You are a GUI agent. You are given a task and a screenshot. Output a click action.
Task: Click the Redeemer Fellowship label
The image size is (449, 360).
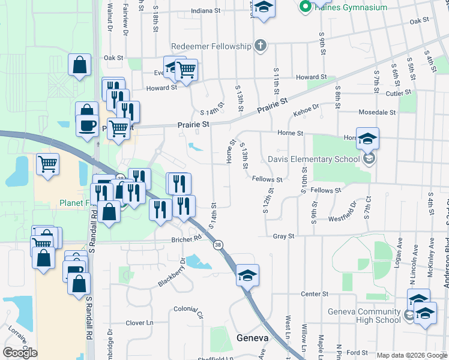click(x=210, y=46)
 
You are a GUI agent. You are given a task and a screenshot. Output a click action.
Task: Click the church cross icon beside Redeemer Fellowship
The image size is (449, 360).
click(x=259, y=46)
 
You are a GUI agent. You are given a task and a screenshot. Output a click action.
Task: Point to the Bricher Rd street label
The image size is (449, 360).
click(x=189, y=238)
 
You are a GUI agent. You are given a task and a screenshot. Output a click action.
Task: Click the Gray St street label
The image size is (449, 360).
click(x=283, y=236)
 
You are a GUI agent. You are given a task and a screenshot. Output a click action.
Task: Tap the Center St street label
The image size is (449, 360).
click(x=312, y=294)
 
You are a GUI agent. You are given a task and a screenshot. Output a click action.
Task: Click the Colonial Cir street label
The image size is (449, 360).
click(x=188, y=311)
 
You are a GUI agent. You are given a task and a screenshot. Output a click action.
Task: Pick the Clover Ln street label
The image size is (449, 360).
click(x=139, y=323)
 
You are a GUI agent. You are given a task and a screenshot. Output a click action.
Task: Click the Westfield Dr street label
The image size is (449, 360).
click(x=342, y=211)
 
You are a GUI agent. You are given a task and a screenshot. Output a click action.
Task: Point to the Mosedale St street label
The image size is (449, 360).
click(x=377, y=112)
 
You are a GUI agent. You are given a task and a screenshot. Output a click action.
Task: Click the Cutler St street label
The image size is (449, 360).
click(x=398, y=93)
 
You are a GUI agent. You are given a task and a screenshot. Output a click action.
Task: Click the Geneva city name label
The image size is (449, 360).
click(x=251, y=337)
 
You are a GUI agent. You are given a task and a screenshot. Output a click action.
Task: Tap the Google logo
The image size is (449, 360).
click(x=20, y=353)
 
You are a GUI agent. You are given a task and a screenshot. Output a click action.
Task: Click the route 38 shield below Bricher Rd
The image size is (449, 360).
click(x=217, y=245)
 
